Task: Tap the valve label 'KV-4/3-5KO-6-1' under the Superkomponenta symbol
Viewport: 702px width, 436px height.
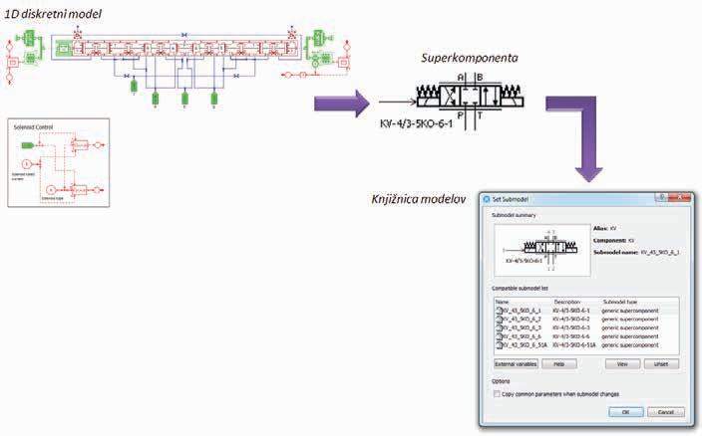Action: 416,127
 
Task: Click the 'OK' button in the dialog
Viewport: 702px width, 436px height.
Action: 625,411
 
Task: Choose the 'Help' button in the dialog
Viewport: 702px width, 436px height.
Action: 558,364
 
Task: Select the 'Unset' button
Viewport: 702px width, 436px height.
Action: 659,364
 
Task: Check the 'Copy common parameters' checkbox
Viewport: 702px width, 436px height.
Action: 499,393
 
